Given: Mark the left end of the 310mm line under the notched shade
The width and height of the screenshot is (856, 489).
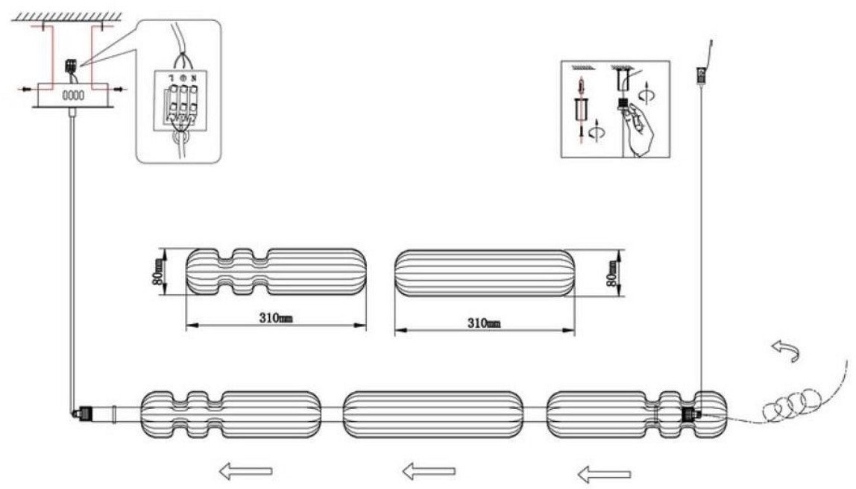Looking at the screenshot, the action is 186,326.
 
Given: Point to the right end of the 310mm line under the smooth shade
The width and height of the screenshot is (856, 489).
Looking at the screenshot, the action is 575,330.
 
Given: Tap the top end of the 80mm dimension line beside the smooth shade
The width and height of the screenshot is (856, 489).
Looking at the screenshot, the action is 620,250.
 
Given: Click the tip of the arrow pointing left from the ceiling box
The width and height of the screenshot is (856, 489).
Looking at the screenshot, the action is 16,89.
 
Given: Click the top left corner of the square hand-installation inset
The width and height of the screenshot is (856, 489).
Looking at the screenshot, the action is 561,60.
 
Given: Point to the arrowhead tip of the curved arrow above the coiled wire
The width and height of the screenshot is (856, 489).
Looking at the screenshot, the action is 773,344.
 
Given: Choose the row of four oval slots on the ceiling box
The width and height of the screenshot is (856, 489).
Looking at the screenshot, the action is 73,95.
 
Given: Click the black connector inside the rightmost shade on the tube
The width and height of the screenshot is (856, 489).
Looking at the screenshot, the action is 690,414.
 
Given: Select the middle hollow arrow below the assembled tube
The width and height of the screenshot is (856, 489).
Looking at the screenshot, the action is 429,470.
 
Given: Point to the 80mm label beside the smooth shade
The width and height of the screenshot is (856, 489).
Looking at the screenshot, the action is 612,273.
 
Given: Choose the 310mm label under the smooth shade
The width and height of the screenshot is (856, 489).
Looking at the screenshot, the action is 484,323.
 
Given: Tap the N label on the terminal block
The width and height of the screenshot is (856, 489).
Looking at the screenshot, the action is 192,77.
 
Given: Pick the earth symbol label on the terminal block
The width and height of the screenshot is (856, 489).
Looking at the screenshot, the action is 183,77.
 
